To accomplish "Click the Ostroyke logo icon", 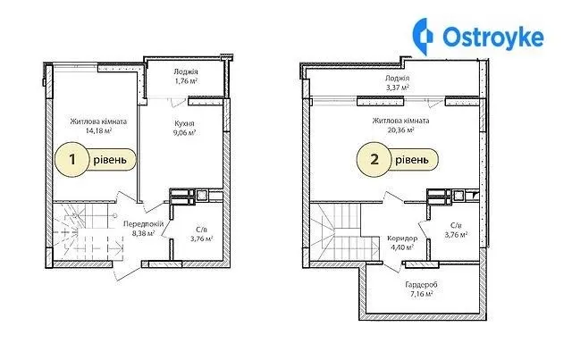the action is [423, 37].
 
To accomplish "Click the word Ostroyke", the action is [493, 37].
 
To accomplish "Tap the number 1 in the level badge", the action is [72, 159].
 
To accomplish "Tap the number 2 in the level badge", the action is [374, 160].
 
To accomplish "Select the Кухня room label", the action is [184, 123].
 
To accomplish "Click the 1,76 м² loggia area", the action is [186, 80].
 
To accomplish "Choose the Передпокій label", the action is [143, 224].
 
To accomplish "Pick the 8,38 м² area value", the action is [143, 233].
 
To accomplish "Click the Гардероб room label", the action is [421, 284].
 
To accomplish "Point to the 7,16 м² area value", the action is [421, 294].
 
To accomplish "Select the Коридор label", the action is [402, 239].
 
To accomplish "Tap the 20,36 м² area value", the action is [400, 130].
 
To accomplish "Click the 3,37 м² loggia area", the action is [397, 88].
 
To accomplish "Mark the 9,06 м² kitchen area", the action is [184, 132].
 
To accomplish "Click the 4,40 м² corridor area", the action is [402, 247].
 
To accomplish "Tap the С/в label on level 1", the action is [201, 230].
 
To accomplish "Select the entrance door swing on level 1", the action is [127, 272].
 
